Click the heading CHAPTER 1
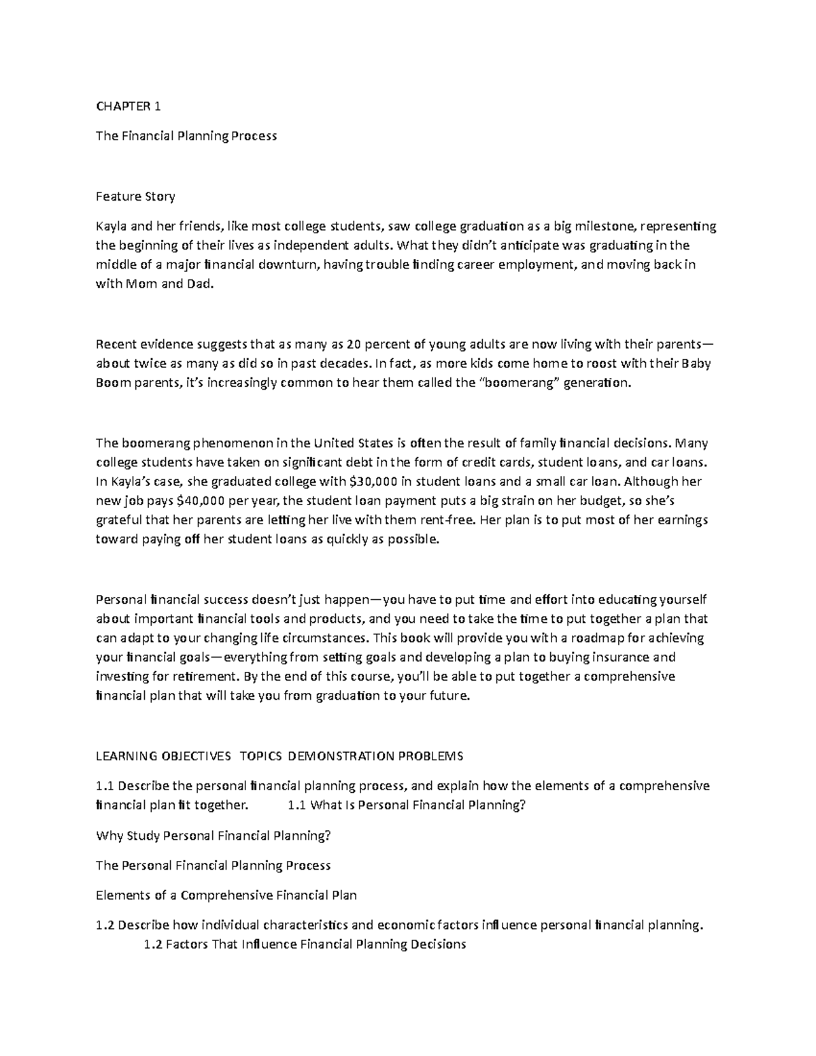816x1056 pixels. (x=129, y=106)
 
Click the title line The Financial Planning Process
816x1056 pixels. (x=186, y=136)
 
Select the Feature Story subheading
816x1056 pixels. (x=135, y=197)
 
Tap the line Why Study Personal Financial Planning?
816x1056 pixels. (x=213, y=836)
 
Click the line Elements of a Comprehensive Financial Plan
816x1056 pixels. (x=226, y=896)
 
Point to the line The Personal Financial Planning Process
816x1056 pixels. (x=213, y=866)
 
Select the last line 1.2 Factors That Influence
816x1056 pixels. (x=306, y=944)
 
